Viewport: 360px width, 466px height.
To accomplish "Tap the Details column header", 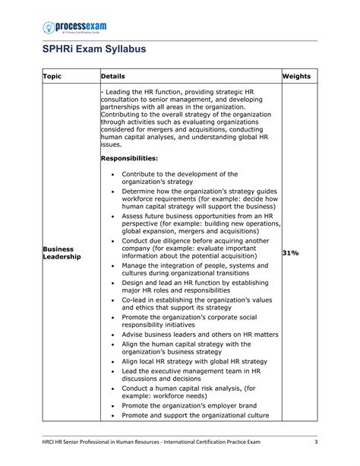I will (113, 76).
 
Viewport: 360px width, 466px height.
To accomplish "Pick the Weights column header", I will (297, 76).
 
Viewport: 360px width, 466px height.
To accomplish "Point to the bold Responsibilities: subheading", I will (129, 158).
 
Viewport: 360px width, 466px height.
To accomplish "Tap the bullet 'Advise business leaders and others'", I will (200, 334).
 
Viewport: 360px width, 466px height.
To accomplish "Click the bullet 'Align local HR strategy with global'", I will (194, 361).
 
